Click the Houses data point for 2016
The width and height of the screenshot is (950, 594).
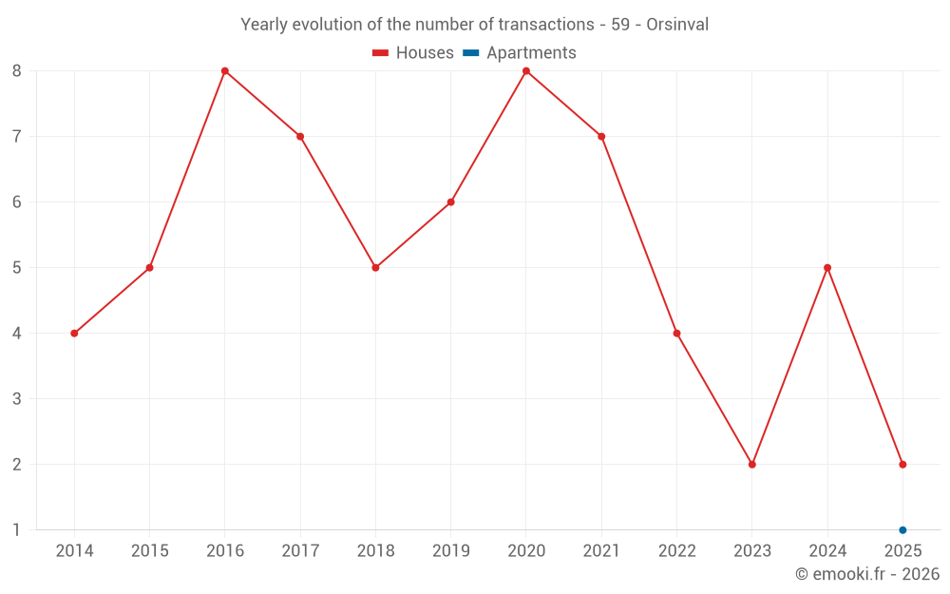coord(225,70)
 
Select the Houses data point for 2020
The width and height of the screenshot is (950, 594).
coord(526,70)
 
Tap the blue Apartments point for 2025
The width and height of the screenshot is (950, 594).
coord(902,530)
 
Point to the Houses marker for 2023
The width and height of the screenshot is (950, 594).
coord(752,465)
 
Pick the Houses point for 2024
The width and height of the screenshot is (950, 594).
coord(827,268)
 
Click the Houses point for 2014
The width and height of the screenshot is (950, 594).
coord(74,334)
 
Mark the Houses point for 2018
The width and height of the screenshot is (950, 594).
coord(375,268)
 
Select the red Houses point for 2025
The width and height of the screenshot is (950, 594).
coord(902,465)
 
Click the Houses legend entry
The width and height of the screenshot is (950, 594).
coord(413,53)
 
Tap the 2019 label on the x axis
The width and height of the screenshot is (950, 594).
coord(451,551)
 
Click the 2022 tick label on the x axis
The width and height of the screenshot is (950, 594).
coord(676,551)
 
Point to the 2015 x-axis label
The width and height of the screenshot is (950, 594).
coord(149,551)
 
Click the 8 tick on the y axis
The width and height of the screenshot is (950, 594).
coord(17,70)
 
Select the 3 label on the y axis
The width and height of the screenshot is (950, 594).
coord(17,399)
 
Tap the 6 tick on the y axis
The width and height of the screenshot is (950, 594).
coord(17,202)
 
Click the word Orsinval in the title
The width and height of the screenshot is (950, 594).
coord(677,25)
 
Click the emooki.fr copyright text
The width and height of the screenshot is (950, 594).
coord(867,574)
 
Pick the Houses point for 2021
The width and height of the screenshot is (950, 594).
coord(601,137)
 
